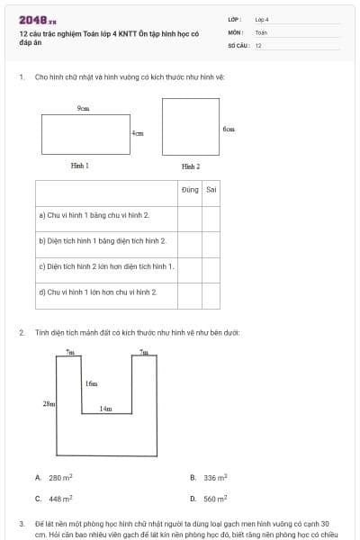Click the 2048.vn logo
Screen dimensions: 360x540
(37, 21)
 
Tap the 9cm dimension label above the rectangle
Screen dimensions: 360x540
(83, 108)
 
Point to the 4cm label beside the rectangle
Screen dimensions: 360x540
(137, 133)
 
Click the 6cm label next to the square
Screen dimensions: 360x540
(229, 129)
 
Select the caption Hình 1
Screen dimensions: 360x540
(80, 166)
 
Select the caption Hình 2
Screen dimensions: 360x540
(191, 166)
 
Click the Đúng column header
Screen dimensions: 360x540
(189, 190)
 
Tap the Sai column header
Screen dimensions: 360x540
(211, 190)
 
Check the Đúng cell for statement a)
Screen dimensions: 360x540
(189, 216)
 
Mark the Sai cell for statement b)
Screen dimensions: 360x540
(211, 241)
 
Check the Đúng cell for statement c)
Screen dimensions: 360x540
(189, 267)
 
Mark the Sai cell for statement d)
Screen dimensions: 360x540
(211, 292)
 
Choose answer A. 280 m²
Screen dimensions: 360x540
(55, 478)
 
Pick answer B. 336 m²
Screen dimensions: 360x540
(211, 478)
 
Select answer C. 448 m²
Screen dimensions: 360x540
(55, 498)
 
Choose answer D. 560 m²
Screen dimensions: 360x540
(211, 498)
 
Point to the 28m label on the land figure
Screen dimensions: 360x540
(49, 404)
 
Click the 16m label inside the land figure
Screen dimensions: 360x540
(91, 383)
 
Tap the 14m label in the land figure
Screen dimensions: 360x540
(105, 409)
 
